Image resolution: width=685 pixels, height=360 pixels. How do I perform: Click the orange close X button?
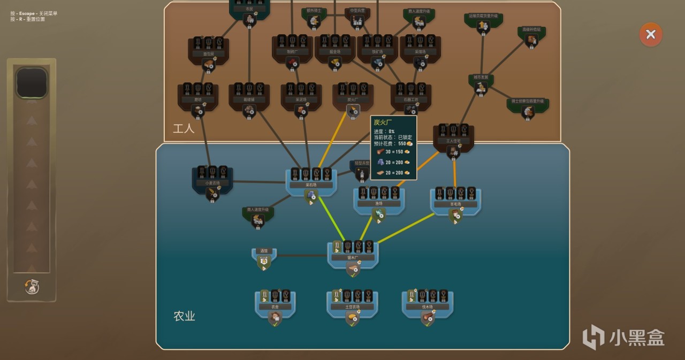tap(651, 35)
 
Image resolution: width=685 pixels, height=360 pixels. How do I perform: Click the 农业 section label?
tap(184, 316)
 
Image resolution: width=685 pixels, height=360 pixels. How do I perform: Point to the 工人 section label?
tap(184, 129)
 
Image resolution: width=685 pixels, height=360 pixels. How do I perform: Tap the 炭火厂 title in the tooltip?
tap(383, 122)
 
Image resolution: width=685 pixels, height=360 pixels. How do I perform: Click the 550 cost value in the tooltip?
tap(402, 144)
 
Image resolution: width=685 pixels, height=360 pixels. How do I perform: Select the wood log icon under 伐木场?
tap(427, 318)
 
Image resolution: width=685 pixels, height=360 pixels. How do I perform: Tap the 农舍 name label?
tap(275, 307)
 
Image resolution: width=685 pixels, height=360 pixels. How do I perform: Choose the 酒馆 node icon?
tap(263, 262)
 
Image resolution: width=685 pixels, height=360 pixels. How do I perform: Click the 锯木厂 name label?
tap(352, 258)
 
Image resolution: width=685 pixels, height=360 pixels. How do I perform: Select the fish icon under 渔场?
tap(378, 215)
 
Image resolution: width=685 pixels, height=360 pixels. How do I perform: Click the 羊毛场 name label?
tap(455, 204)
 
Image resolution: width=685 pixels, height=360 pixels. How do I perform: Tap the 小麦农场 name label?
tap(212, 183)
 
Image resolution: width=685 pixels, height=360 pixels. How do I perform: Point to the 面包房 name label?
tap(208, 54)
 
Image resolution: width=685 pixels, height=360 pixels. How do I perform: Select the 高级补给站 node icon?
tap(531, 39)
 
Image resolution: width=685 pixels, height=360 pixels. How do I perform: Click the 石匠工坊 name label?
tap(411, 99)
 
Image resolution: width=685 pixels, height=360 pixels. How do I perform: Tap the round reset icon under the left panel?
tap(32, 287)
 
